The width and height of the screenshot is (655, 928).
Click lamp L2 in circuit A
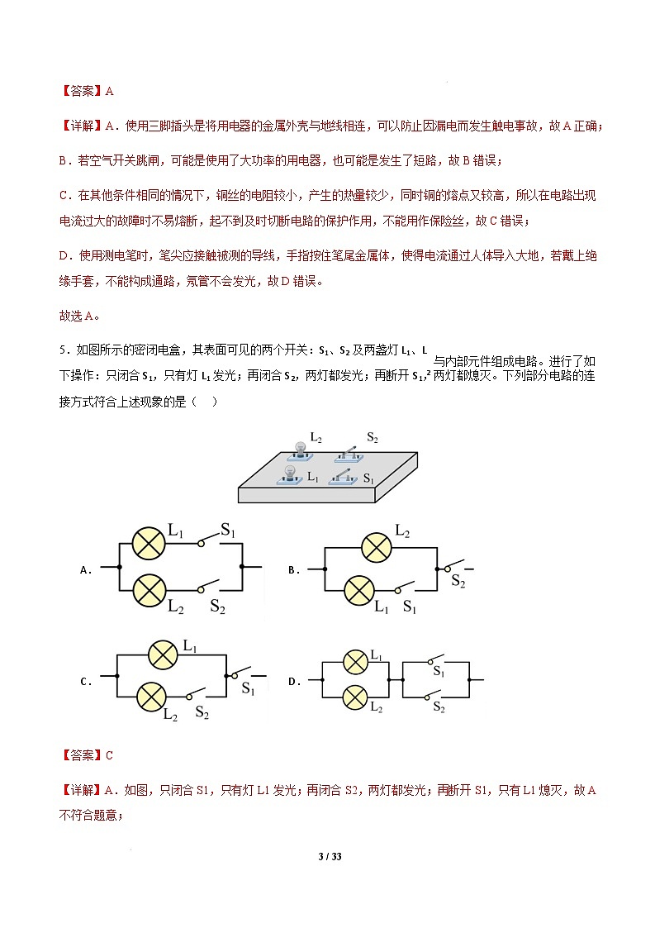tap(149, 590)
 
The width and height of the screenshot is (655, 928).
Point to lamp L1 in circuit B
tap(358, 590)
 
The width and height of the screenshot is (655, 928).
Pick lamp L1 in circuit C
tap(164, 654)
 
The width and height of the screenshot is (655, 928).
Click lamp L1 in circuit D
tap(355, 662)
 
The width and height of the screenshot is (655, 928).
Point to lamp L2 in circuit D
tap(355, 697)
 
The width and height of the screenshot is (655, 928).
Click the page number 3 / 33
tap(330, 856)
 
